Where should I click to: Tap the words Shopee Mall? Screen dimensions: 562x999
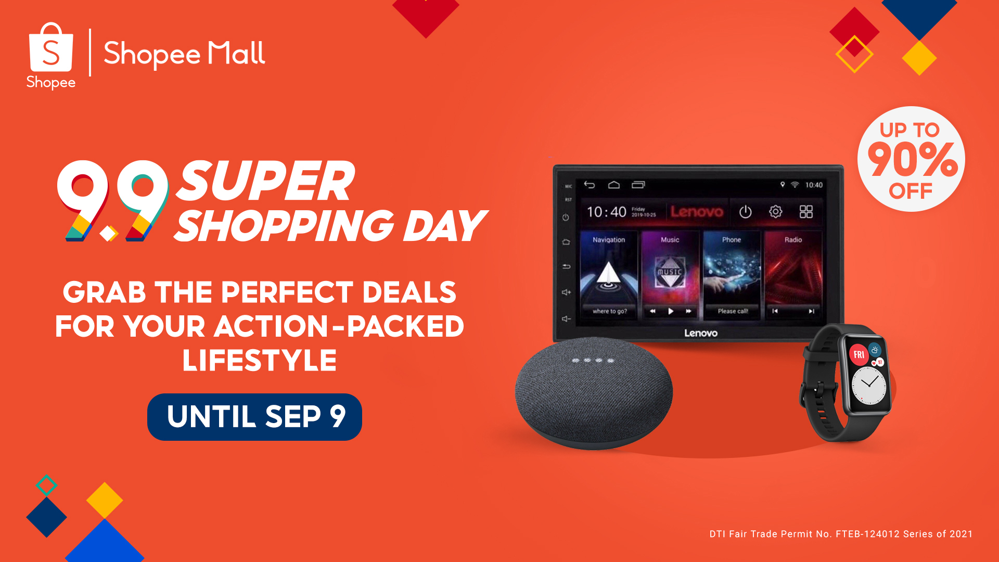click(184, 54)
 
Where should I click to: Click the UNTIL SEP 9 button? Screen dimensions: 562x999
click(254, 417)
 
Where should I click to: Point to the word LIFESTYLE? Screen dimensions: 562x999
click(259, 360)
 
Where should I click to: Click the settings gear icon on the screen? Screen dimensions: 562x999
click(775, 212)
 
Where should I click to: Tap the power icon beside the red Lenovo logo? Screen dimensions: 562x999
click(745, 212)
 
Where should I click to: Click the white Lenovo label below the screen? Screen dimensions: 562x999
click(700, 333)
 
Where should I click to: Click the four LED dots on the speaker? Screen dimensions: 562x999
click(593, 360)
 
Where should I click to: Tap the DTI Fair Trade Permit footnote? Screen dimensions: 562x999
click(841, 534)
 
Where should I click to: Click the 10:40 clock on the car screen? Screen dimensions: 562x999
click(606, 212)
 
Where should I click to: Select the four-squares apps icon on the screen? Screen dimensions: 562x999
click(806, 212)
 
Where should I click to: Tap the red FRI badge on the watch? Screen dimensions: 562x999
click(859, 354)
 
